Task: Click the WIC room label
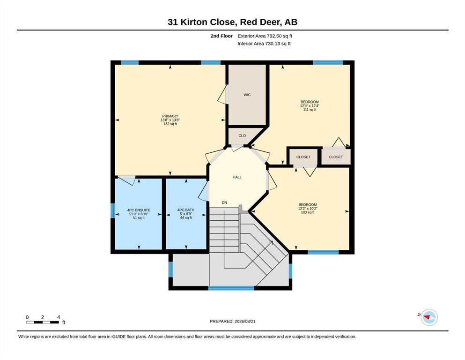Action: pyautogui.click(x=247, y=95)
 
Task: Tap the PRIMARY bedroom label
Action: pyautogui.click(x=170, y=116)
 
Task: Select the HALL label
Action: pyautogui.click(x=237, y=177)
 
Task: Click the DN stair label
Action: pyautogui.click(x=224, y=202)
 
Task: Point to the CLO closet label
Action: pyautogui.click(x=242, y=135)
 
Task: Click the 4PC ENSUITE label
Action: pyautogui.click(x=139, y=210)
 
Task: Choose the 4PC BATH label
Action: pyautogui.click(x=186, y=210)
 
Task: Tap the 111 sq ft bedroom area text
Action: pyautogui.click(x=310, y=110)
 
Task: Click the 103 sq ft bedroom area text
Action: pyautogui.click(x=308, y=212)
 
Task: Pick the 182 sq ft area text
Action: pyautogui.click(x=170, y=124)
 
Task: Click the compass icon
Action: pyautogui.click(x=429, y=317)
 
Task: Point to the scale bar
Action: pyautogui.click(x=43, y=322)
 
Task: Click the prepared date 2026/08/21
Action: pyautogui.click(x=245, y=321)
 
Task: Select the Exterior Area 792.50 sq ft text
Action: pyautogui.click(x=265, y=36)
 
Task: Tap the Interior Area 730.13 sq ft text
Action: pyautogui.click(x=264, y=44)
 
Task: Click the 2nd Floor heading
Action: pyautogui.click(x=221, y=36)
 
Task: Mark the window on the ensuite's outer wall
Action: pyautogui.click(x=113, y=210)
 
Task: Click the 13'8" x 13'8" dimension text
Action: pyautogui.click(x=170, y=120)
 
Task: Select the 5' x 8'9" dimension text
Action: pyautogui.click(x=186, y=214)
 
